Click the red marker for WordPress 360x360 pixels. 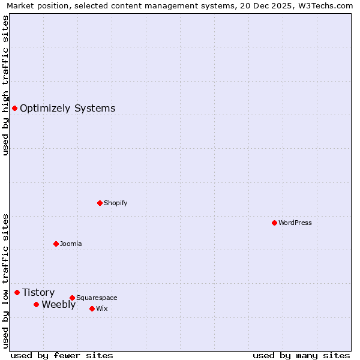[274, 223]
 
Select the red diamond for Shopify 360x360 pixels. [100, 203]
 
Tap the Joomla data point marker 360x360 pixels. [56, 244]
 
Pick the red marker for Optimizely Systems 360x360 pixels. [14, 108]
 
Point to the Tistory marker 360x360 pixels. [17, 292]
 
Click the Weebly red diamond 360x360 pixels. [36, 304]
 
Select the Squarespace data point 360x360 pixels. [72, 298]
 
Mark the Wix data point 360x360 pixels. [92, 308]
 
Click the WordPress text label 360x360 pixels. [295, 223]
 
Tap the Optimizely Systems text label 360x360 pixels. [67, 109]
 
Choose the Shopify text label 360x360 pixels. [115, 203]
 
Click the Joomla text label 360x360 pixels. [71, 244]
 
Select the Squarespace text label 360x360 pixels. [97, 298]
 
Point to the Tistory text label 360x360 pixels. [38, 293]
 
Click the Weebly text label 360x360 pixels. [58, 305]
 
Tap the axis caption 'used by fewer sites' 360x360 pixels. [62, 355]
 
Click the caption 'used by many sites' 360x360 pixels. [301, 355]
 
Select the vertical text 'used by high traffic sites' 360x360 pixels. [5, 85]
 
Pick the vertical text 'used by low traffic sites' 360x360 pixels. [5, 280]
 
